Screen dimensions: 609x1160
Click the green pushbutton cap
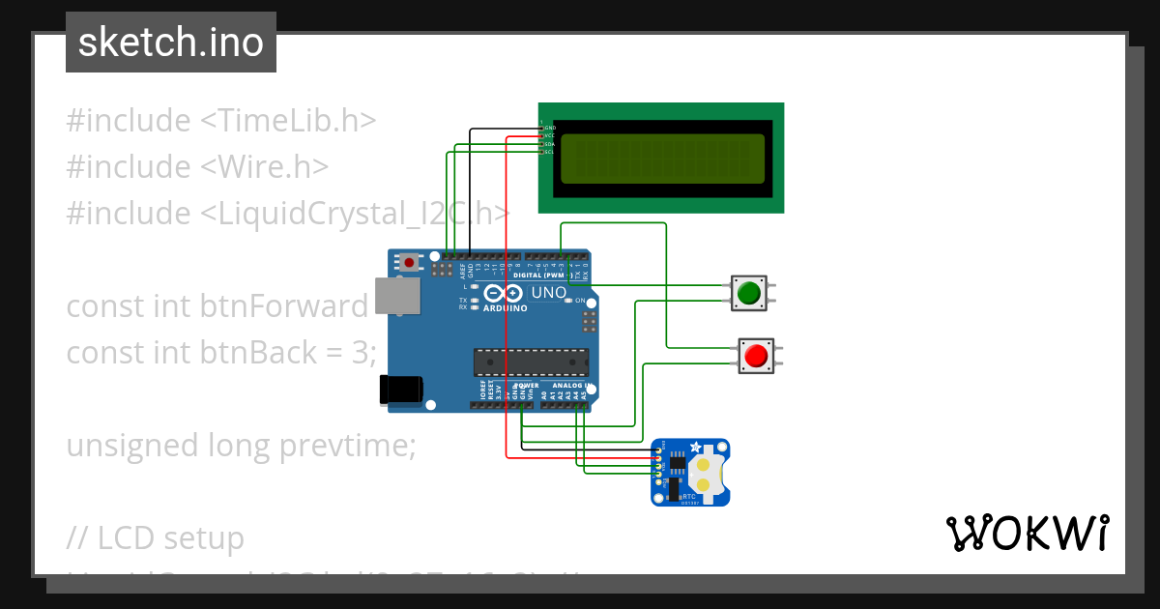[749, 293]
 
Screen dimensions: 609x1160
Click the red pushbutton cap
[755, 356]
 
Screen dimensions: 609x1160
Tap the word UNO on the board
[548, 293]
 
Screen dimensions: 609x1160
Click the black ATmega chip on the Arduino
[531, 362]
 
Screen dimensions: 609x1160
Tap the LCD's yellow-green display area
[662, 158]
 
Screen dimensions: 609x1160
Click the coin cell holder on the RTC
[707, 473]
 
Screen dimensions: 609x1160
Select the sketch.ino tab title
[171, 43]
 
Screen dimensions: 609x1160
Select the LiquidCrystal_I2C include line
[288, 213]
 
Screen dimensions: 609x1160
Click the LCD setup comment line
[155, 537]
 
